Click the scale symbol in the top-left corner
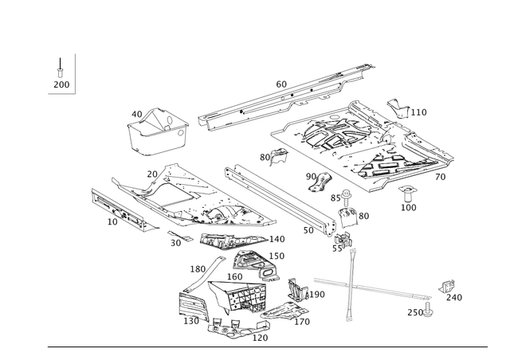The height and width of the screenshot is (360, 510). (x=61, y=73)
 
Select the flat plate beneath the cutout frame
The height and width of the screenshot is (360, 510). (x=234, y=239)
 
